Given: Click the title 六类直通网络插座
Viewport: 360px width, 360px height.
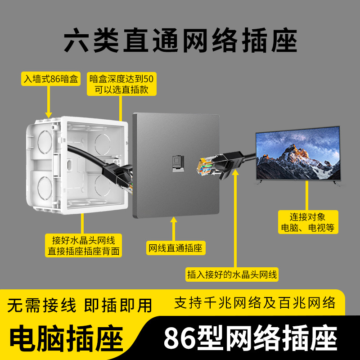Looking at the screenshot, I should [x=180, y=41].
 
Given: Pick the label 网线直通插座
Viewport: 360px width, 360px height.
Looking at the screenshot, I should [x=176, y=248].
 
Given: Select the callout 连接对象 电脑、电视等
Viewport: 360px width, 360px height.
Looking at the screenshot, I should [x=308, y=222].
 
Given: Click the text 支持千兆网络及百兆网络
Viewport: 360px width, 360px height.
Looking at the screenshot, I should [x=255, y=302].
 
